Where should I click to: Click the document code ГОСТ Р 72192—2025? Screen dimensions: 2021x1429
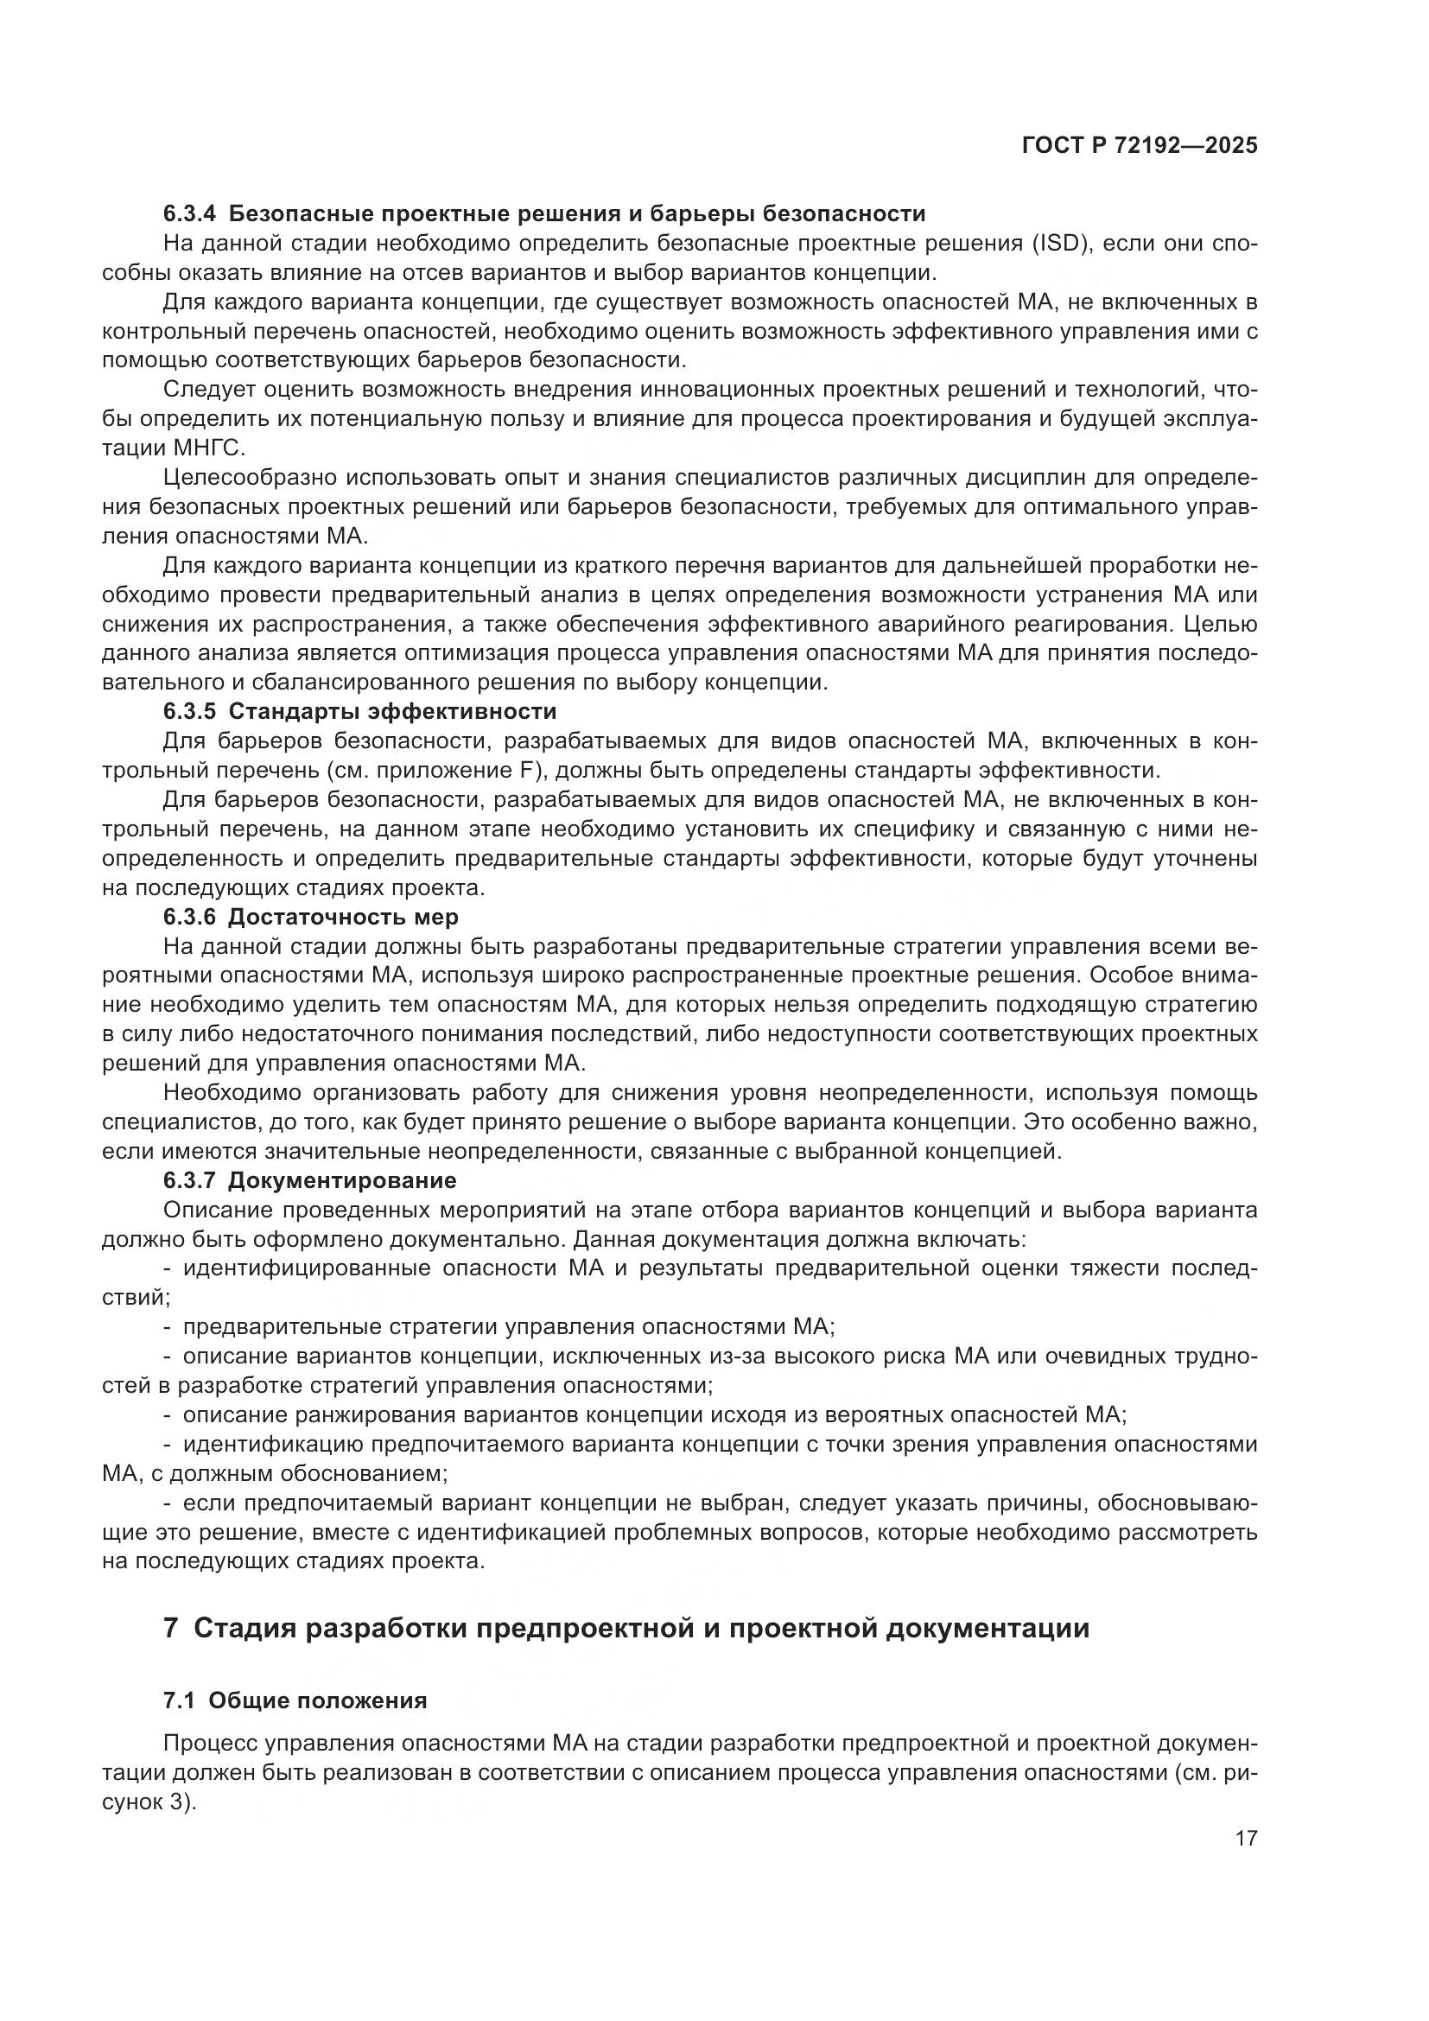pos(1140,146)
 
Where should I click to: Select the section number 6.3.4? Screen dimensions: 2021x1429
pos(188,214)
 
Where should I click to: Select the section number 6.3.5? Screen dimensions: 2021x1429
pos(188,711)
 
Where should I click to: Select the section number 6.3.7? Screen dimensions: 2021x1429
pos(188,1179)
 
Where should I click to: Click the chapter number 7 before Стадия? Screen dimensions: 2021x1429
pos(171,1629)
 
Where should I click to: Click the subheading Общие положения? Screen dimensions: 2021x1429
pos(318,1700)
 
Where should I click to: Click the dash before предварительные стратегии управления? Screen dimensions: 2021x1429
pos(168,1326)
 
